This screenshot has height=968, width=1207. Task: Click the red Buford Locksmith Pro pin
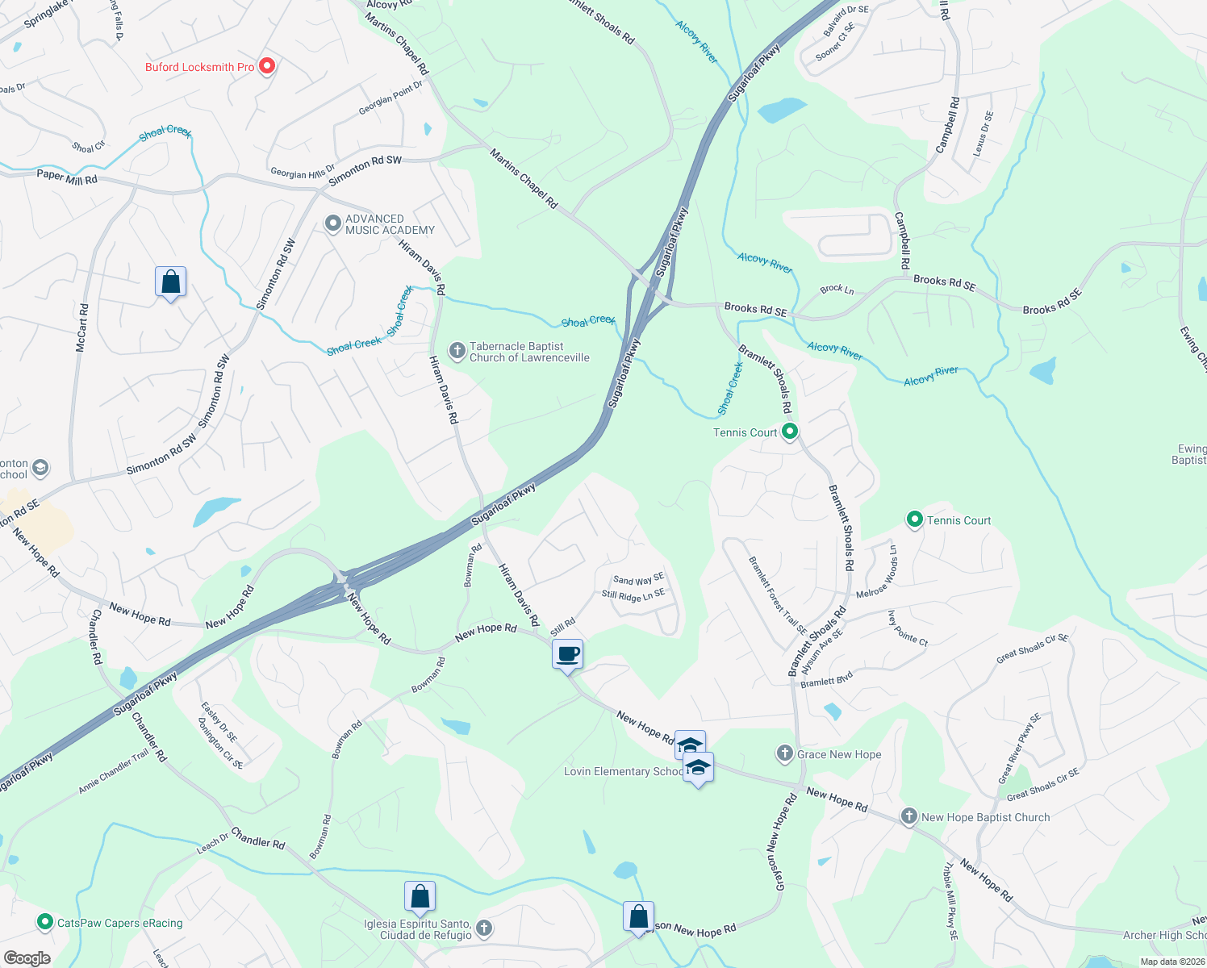coord(266,66)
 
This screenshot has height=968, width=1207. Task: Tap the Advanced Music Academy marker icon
coord(332,223)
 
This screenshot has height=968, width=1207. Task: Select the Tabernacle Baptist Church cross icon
coord(457,351)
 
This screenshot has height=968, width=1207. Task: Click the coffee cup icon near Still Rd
coord(568,653)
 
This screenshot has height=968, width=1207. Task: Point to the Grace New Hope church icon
coord(784,754)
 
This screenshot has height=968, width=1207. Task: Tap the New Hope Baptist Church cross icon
coord(908,816)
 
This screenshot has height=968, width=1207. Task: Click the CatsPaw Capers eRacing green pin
coord(45,922)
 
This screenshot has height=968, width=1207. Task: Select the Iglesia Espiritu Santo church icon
coord(484,928)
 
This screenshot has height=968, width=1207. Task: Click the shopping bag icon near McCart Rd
coord(170,282)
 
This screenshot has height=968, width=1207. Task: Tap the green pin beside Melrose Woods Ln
coord(914,519)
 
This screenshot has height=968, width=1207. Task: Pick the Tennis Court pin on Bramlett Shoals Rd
coord(790,432)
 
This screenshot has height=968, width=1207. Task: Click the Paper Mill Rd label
coord(67,177)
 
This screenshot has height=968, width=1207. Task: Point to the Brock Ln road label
coord(837,289)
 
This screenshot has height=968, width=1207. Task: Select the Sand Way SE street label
coord(638,579)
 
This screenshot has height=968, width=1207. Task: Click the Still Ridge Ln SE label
coord(633,595)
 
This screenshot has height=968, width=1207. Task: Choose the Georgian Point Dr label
coord(390,98)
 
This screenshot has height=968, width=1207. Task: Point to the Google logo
coord(27,958)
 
